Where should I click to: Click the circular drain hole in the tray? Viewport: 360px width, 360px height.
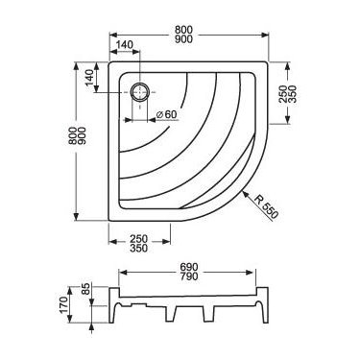[139, 92]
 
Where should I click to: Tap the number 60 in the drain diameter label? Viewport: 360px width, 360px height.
[171, 114]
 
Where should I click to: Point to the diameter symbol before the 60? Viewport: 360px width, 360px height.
[160, 114]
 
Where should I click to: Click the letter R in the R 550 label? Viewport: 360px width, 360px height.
[258, 199]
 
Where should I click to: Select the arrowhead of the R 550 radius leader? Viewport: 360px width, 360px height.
[246, 193]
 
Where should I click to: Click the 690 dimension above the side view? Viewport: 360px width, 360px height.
[189, 267]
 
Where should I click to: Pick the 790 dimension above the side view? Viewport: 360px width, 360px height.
[189, 276]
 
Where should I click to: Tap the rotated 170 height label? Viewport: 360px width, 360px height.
[63, 305]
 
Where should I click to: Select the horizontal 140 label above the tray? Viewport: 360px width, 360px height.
[124, 45]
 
